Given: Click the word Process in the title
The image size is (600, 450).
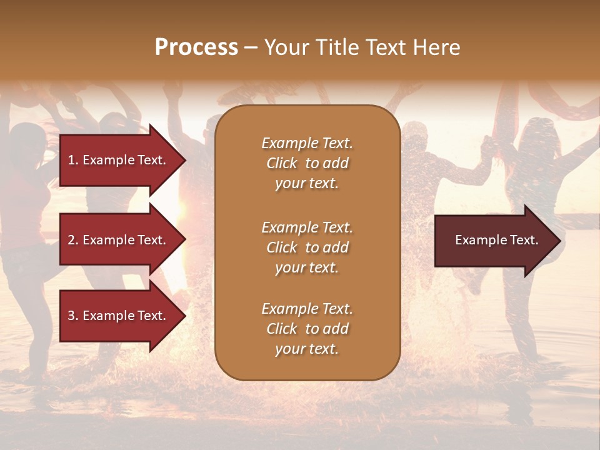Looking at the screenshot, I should pyautogui.click(x=196, y=47).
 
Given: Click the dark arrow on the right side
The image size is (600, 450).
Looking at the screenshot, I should pyautogui.click(x=494, y=241).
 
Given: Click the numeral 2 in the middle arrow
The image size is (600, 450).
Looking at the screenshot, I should pyautogui.click(x=71, y=240).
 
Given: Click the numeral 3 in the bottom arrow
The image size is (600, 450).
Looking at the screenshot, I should pyautogui.click(x=71, y=316).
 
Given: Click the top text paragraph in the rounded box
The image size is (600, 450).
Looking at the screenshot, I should pyautogui.click(x=307, y=163).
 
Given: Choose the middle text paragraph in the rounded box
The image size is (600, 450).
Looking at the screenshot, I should pyautogui.click(x=307, y=247).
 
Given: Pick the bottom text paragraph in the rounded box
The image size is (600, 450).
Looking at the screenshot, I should pyautogui.click(x=307, y=329).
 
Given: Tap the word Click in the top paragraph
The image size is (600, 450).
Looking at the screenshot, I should pyautogui.click(x=281, y=164).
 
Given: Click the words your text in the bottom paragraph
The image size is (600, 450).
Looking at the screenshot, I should pyautogui.click(x=307, y=349).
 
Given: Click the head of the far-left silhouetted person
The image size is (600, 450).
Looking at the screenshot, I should pyautogui.click(x=26, y=139).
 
